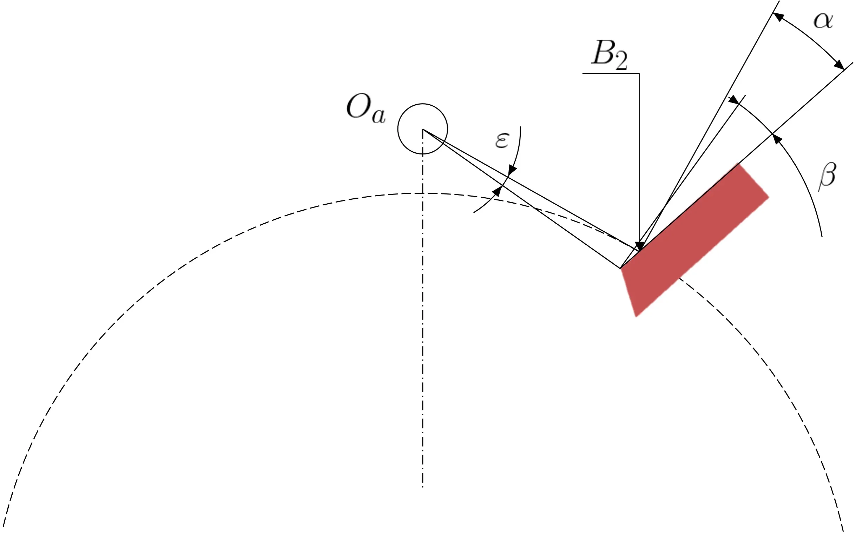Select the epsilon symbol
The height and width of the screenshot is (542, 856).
(502, 140)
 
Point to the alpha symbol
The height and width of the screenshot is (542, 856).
(823, 21)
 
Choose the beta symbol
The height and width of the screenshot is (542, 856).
(827, 177)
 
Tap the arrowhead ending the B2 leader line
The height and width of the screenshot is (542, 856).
(639, 246)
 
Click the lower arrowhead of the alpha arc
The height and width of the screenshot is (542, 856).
(839, 65)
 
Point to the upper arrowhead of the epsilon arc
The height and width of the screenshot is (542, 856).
(513, 170)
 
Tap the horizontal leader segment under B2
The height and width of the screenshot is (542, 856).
(611, 74)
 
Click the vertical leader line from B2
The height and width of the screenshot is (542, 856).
(639, 158)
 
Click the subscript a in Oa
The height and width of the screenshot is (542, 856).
(378, 116)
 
